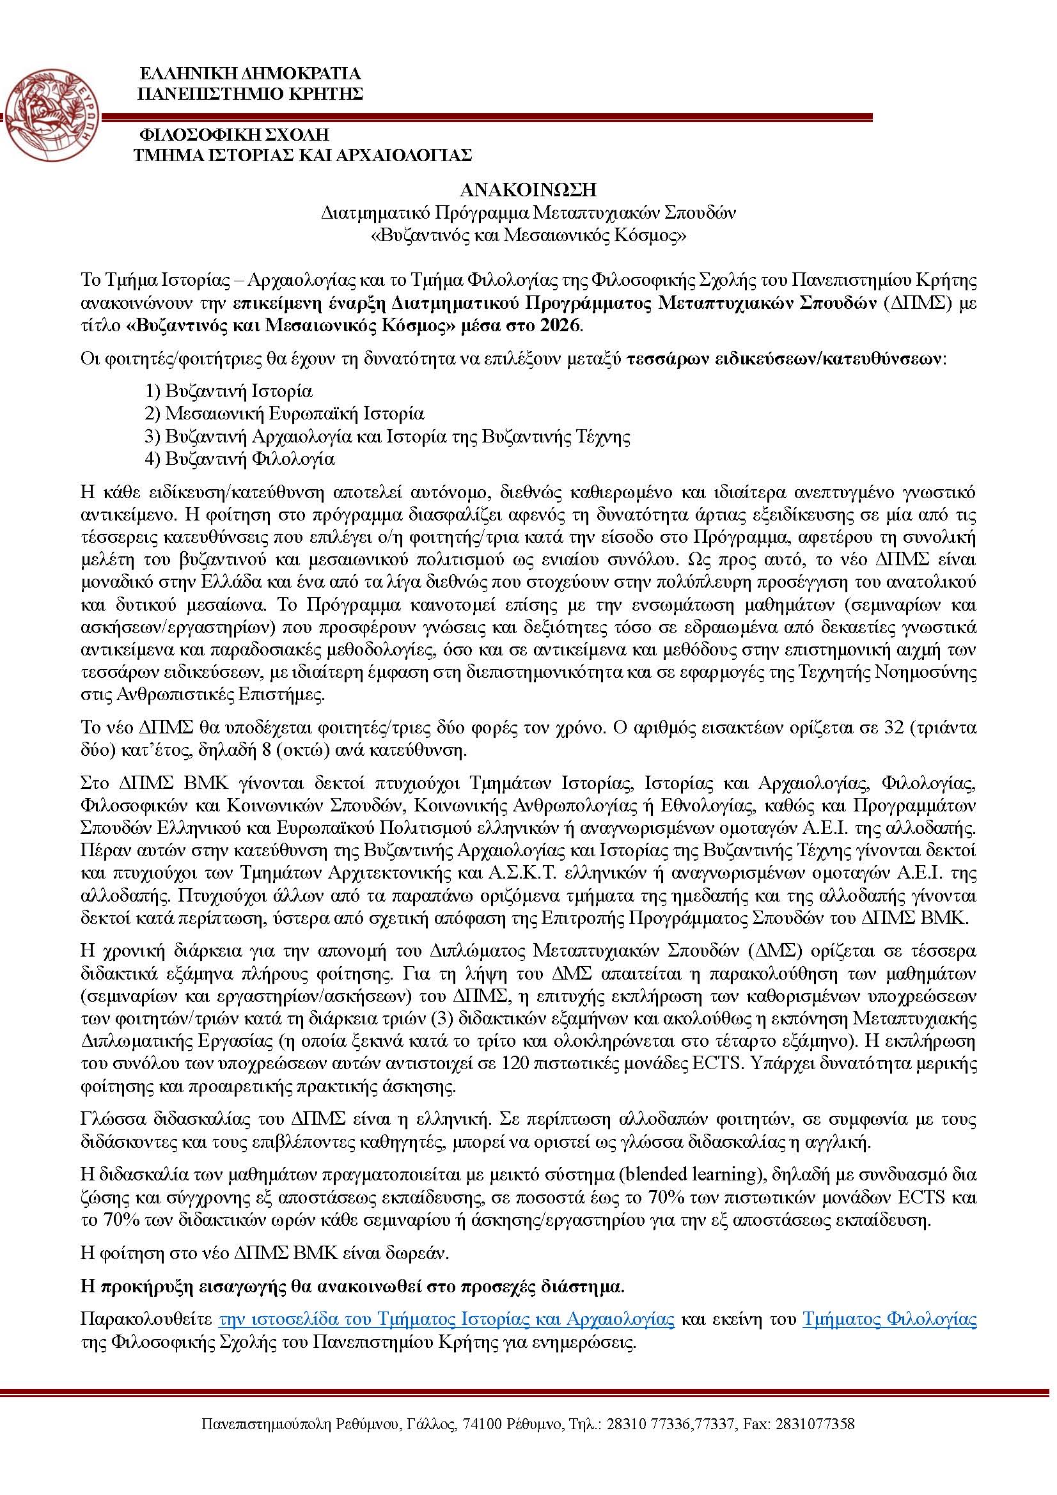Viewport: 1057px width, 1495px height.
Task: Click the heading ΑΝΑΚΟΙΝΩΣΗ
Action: (528, 189)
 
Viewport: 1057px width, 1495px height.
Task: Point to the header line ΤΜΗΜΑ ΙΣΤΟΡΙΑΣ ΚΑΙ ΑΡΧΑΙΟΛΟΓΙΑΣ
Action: (302, 155)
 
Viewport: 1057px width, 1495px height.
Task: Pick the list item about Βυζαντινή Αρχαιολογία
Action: (388, 436)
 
